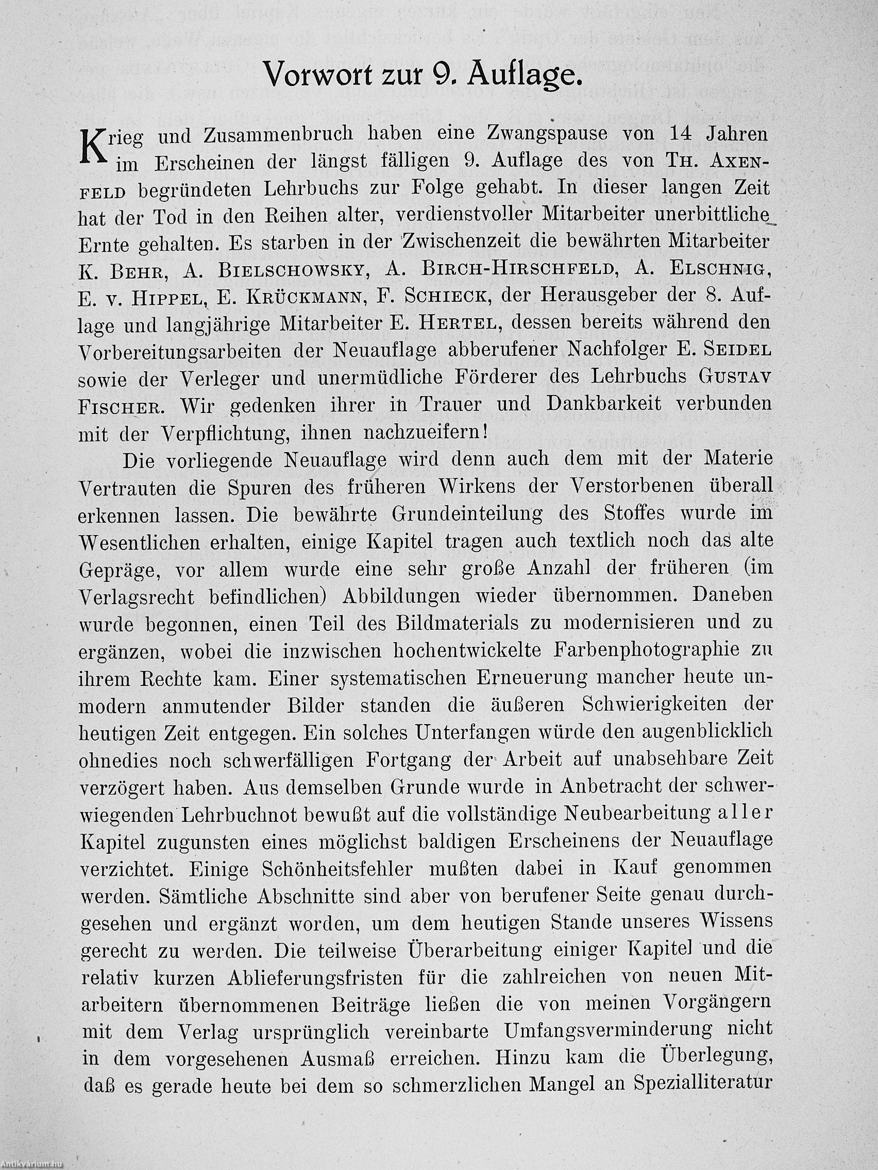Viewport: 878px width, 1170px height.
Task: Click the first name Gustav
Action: pyautogui.click(x=735, y=377)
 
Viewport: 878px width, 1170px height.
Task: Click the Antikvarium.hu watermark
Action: pyautogui.click(x=33, y=1163)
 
